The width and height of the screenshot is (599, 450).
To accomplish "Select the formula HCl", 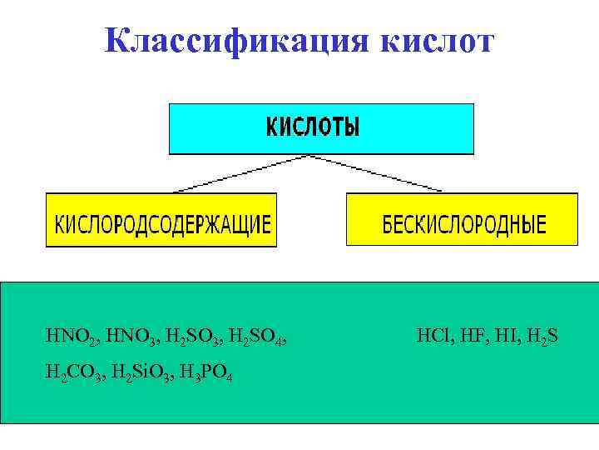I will (430, 337).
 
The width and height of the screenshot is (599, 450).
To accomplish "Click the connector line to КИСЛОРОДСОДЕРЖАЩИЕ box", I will (241, 174).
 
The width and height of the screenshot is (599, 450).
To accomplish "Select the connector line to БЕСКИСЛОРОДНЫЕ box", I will (391, 174).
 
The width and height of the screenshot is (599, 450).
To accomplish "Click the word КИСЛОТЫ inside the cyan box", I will (314, 127).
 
